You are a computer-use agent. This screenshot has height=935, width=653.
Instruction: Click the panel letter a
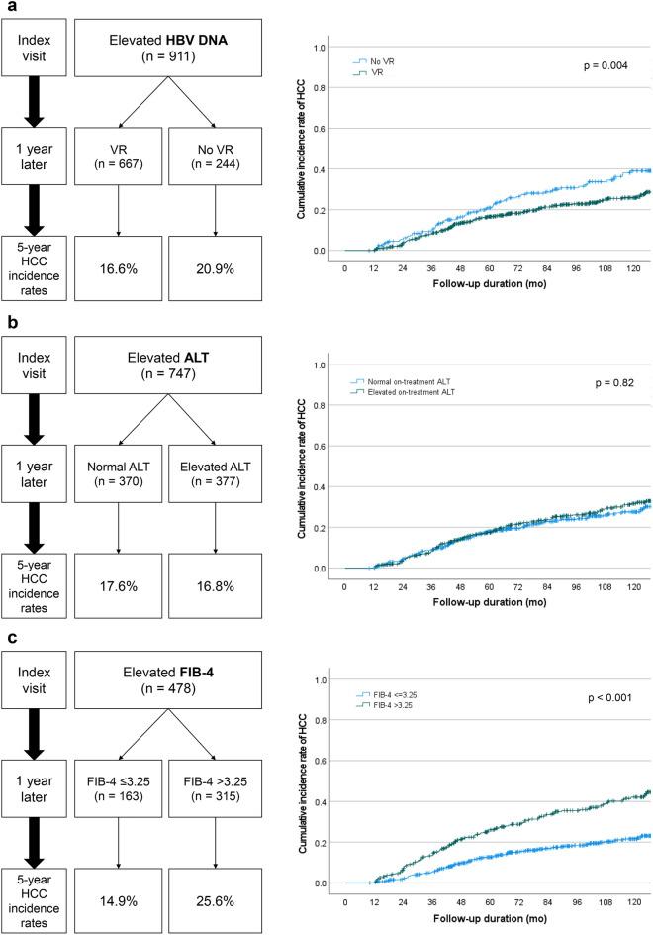click(x=7, y=7)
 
